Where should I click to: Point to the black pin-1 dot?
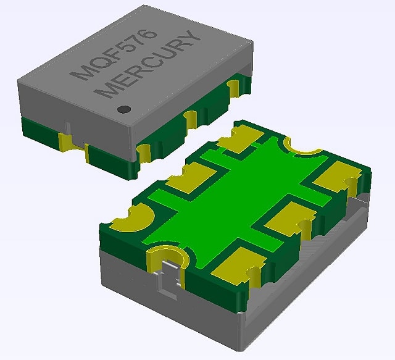click(x=124, y=109)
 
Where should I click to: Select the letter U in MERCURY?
click(x=166, y=55)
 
